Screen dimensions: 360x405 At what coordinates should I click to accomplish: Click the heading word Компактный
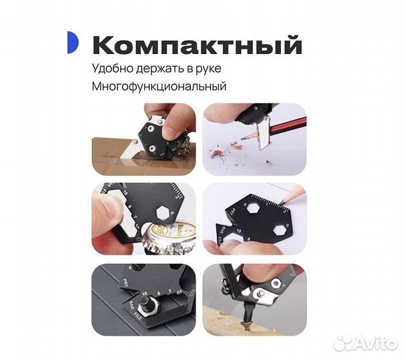(x=197, y=45)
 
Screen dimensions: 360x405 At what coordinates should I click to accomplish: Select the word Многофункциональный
(x=159, y=87)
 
